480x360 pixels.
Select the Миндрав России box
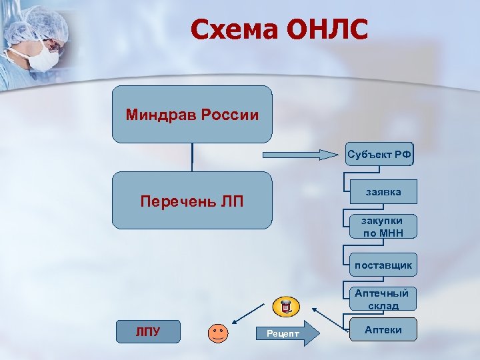coord(192,115)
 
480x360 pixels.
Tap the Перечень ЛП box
coord(192,201)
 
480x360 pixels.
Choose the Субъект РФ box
coord(379,155)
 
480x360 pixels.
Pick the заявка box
coord(383,192)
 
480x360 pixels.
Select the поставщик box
coord(383,265)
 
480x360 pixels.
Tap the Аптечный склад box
coord(383,299)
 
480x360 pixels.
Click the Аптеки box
coord(383,330)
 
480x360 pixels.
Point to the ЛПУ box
coord(148,331)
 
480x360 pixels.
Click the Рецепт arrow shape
coord(287,332)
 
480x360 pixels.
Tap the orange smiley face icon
coord(217,332)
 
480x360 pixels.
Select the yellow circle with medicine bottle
coord(287,307)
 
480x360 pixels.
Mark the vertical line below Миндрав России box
coord(192,153)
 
